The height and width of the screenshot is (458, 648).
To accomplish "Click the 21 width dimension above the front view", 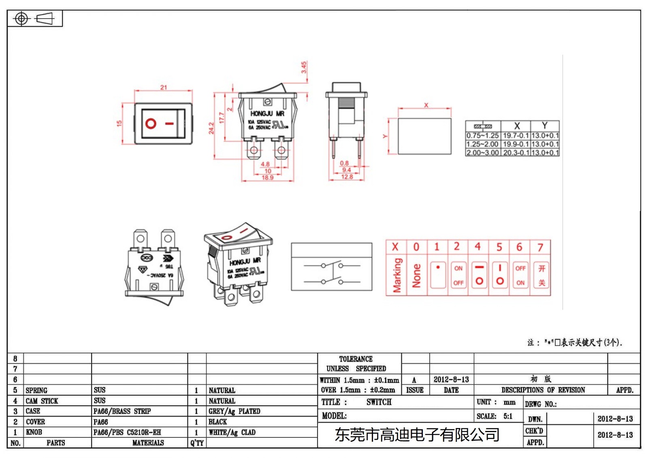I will tap(163, 87).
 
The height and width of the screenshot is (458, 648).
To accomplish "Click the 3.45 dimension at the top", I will tap(304, 67).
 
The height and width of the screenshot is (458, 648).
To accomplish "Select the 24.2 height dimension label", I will tap(211, 128).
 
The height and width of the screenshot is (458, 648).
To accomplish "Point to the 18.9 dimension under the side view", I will tap(267, 178).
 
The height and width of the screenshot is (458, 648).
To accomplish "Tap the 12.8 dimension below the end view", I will tap(347, 177).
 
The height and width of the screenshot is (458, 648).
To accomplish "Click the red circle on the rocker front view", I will tap(151, 124).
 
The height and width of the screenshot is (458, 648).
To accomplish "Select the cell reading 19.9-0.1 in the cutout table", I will tap(516, 144).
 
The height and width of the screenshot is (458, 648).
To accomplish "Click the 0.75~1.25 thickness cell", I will tap(482, 136).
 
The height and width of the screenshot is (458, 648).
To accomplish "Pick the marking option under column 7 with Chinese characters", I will tap(541, 276).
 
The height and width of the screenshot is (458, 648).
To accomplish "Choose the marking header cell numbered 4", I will tap(478, 247).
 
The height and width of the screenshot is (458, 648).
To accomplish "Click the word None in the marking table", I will tap(416, 276).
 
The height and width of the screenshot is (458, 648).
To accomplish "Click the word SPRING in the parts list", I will tap(36, 390).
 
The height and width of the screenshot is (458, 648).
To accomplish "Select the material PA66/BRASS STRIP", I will tap(122, 411).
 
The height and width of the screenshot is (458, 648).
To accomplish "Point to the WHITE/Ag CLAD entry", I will tap(232, 432).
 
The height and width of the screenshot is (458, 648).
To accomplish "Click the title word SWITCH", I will tap(379, 402).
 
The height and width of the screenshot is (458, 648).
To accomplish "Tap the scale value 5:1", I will tap(508, 416).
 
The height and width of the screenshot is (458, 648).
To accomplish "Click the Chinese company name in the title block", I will tap(417, 435).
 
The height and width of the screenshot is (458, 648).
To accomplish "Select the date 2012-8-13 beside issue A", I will tap(451, 379).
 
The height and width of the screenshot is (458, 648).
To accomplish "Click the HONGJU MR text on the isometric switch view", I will tap(245, 262).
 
